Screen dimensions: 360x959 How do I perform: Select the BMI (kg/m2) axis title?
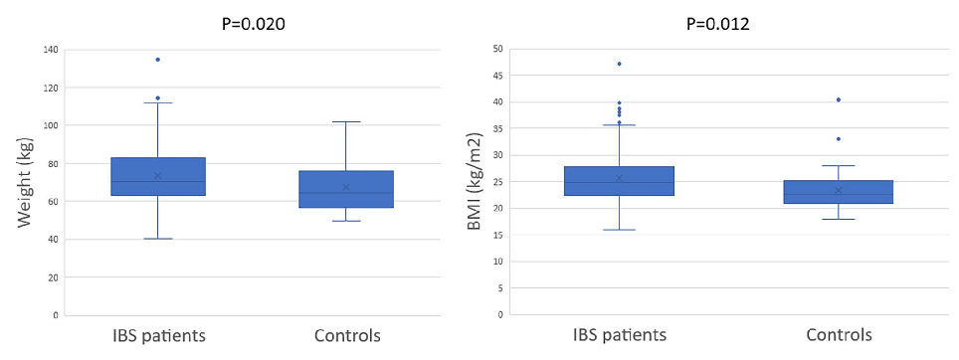point(475,182)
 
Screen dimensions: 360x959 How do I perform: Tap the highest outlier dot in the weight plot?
point(157,60)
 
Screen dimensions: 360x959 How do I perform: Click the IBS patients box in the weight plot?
point(157,176)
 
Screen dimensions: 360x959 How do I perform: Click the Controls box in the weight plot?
point(346,189)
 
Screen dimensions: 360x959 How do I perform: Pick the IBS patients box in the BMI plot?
point(619,181)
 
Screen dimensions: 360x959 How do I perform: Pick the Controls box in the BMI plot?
point(838,192)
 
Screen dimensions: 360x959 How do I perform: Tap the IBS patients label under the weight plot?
point(157,335)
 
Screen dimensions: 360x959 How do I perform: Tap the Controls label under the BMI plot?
point(838,335)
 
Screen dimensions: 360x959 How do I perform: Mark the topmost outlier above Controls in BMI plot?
point(838,99)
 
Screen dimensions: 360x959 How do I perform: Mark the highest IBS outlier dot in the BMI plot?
point(619,64)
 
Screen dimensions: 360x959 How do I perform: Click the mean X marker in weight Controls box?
point(346,187)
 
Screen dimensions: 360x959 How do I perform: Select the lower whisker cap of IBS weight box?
point(157,239)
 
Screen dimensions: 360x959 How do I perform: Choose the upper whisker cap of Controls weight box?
point(346,122)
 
